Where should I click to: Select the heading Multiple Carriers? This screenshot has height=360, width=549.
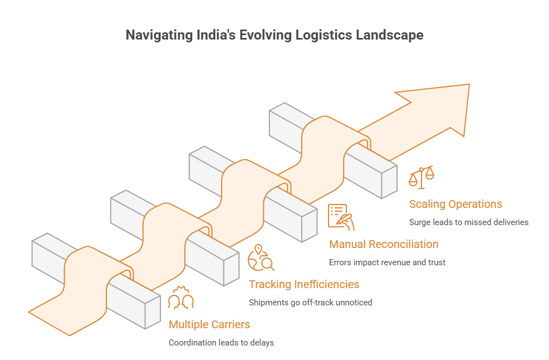coord(209,324)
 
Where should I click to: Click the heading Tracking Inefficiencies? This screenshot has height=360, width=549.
coord(304,284)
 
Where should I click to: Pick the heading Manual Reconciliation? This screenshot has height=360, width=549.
coord(384,244)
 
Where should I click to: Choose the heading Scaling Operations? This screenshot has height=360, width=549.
coord(455,204)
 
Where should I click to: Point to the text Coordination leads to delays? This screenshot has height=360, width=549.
coord(221,343)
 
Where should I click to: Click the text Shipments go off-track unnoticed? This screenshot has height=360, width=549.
coord(310,303)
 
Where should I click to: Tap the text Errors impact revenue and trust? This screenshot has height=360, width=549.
coord(387,262)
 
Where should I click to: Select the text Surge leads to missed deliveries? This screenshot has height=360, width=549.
coord(468,222)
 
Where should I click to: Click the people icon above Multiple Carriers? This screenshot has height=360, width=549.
coord(181,298)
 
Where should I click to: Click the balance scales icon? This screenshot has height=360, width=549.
coord(421,177)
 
